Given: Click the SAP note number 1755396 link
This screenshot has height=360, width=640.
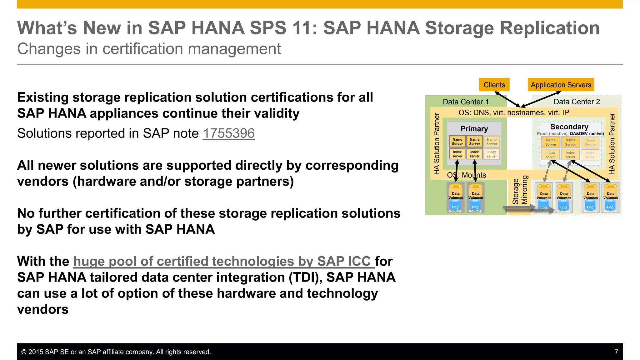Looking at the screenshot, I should pos(228,133).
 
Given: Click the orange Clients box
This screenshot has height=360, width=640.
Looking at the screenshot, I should pos(494,85).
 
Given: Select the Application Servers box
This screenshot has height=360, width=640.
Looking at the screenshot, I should pos(561,85).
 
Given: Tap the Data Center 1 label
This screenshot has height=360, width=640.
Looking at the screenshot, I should pos(465,102).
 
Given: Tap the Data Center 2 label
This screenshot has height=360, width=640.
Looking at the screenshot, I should pos(577,102).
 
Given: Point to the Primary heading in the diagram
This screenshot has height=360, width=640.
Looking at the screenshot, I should pos(474,129).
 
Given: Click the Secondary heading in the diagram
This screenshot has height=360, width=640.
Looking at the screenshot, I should pos(569,127).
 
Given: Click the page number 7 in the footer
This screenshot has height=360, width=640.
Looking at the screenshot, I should pos(616,352).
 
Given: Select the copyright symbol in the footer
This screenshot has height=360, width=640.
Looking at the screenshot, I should pos(24,352).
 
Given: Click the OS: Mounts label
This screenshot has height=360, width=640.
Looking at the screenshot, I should pos(466,175).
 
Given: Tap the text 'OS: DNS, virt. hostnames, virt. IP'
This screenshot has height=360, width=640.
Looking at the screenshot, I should pos(513,112).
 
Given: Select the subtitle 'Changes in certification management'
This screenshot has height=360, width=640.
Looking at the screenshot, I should pos(149,49).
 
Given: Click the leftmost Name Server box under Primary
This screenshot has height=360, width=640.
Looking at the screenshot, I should pos(457,142).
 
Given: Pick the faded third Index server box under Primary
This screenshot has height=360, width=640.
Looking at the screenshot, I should pos(491,154).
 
